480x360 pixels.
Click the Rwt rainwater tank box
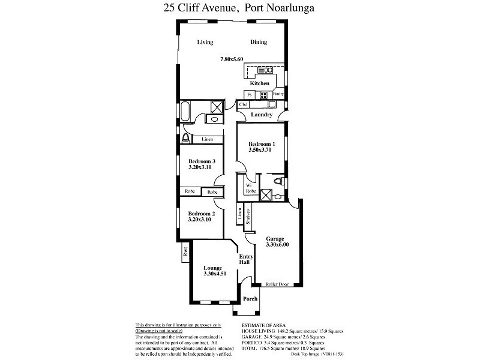185,253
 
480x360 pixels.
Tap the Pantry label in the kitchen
278,94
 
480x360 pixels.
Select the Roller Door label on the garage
277,284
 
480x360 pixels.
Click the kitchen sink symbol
265,70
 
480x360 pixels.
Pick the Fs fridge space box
250,95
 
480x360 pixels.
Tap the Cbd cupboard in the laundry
244,104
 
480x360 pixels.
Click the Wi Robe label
251,188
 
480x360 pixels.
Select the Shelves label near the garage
248,217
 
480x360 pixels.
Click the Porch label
250,299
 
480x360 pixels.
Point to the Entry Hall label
246,259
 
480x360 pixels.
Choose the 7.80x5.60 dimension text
232,59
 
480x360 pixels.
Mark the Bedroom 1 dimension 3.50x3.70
260,149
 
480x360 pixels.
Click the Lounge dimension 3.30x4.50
215,274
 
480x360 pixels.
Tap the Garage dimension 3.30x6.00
277,244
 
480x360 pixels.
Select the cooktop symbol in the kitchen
263,95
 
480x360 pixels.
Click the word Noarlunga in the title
290,8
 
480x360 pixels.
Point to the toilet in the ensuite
279,182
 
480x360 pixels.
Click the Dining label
259,42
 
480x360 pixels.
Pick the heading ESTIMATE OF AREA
263,325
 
